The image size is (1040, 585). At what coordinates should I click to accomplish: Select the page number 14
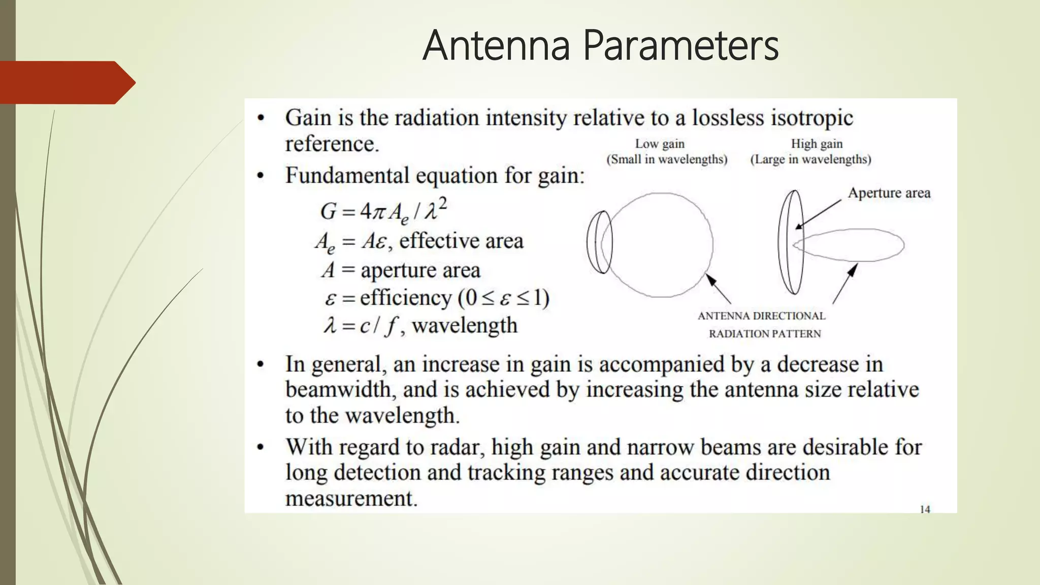pos(925,509)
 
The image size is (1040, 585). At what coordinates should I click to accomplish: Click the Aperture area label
pos(889,193)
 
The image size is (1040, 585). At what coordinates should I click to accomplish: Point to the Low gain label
pos(660,144)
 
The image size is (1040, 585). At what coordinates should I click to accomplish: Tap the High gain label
pos(817,144)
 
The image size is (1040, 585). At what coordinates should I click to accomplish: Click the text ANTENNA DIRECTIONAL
pos(761,316)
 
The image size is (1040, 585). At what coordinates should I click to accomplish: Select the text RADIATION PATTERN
pos(765,334)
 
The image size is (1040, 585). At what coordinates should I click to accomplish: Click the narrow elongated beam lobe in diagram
pos(853,245)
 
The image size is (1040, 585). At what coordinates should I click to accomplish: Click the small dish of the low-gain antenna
pos(599,242)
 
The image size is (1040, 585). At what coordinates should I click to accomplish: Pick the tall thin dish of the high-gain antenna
pos(791,242)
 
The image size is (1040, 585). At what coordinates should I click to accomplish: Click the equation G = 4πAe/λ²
pos(383,210)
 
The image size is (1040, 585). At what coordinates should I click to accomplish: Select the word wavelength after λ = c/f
pos(464,325)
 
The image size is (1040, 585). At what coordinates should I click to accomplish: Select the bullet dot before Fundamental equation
pos(261,176)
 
